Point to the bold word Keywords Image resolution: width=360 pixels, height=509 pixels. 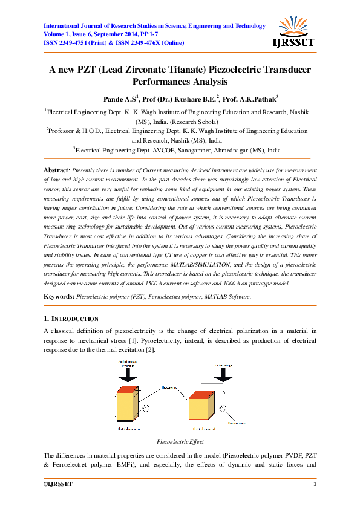click(x=59, y=296)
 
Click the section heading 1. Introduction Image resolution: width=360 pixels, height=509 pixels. click(x=71, y=318)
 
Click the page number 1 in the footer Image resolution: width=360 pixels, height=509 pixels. click(x=315, y=485)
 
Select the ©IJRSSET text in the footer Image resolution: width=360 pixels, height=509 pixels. click(x=58, y=485)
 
